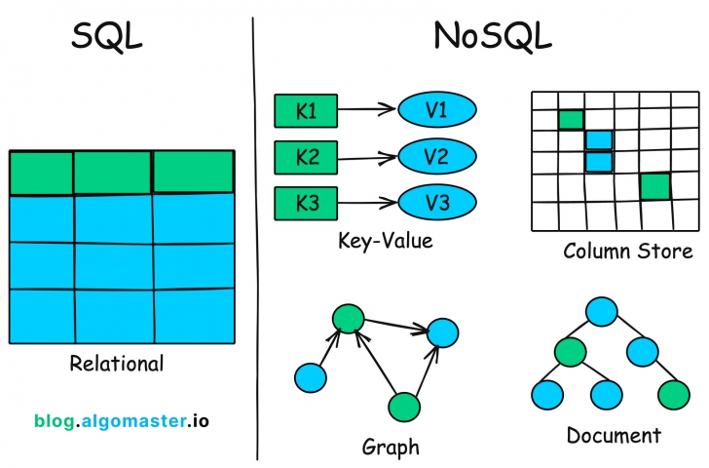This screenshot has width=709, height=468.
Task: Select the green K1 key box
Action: (306, 112)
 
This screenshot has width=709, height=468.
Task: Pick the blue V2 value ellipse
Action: (436, 156)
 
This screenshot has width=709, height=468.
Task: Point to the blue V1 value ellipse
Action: (436, 111)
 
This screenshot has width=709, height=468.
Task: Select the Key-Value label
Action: (385, 240)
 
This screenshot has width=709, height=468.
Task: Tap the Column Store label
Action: (627, 252)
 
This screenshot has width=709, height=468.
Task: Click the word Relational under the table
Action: (117, 365)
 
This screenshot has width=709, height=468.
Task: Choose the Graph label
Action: (391, 448)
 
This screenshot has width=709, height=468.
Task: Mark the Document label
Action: (613, 435)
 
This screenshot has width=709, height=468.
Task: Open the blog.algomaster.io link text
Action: (121, 421)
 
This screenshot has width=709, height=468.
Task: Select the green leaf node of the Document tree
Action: (672, 394)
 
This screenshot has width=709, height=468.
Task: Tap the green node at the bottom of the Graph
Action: (403, 407)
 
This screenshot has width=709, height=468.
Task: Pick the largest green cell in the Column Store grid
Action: (654, 186)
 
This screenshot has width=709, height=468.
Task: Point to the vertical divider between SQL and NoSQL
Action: (255, 234)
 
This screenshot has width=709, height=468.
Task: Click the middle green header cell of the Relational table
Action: (113, 173)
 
